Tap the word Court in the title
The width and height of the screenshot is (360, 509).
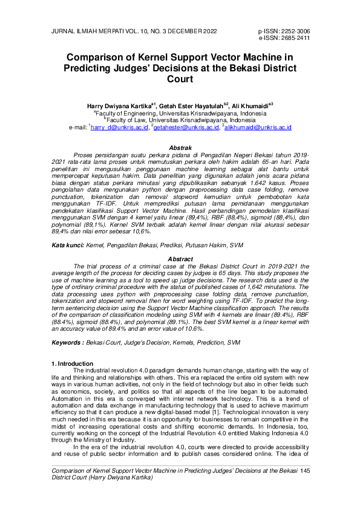click(x=180, y=79)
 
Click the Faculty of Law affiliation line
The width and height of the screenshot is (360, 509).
click(x=180, y=120)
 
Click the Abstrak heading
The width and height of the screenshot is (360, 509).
click(x=180, y=148)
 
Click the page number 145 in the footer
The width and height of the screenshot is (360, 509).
click(x=304, y=470)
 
